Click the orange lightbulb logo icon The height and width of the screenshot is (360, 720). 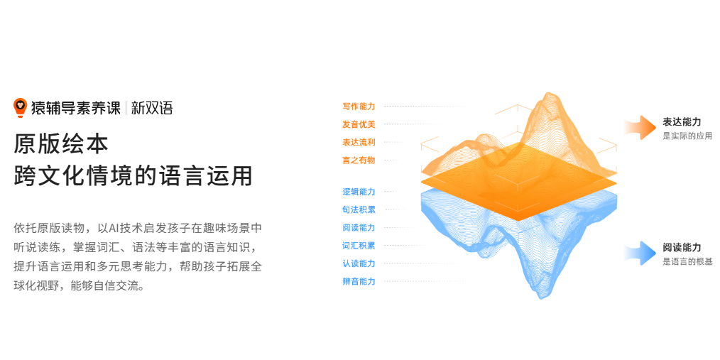(x=20, y=107)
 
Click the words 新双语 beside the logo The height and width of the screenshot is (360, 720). (x=152, y=108)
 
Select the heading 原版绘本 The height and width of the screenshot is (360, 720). (x=61, y=143)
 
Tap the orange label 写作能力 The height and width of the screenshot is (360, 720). (x=359, y=107)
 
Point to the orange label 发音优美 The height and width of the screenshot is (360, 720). (x=359, y=124)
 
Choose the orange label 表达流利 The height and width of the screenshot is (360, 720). (x=359, y=142)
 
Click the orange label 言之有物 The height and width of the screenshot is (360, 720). (x=359, y=160)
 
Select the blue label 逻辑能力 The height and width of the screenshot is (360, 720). (x=359, y=192)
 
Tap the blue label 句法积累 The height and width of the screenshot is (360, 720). (x=359, y=209)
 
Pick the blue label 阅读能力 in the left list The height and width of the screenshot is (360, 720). (x=359, y=227)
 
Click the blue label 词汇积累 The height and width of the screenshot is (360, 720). (x=359, y=246)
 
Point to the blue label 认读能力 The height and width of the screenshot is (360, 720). (x=359, y=263)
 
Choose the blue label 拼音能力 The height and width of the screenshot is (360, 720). (x=359, y=281)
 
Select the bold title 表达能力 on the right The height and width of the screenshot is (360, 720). (x=682, y=122)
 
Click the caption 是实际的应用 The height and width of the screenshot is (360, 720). (x=687, y=136)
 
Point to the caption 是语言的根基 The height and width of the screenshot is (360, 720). (x=687, y=261)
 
